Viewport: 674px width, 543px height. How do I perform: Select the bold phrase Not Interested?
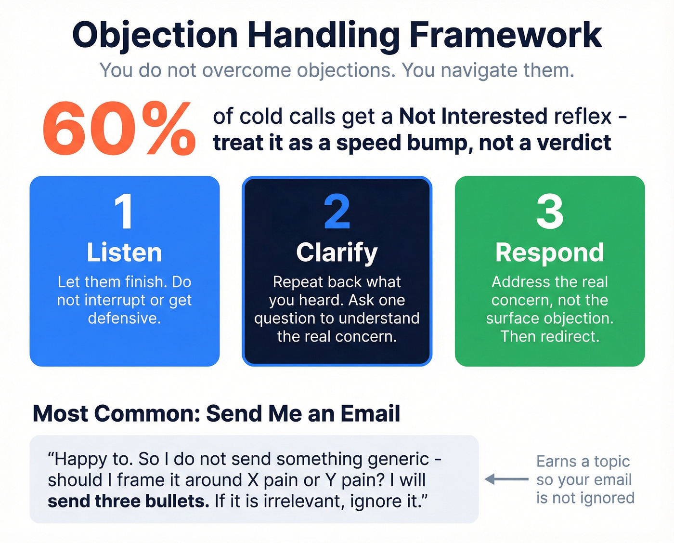(473, 117)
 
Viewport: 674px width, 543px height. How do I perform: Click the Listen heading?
(124, 252)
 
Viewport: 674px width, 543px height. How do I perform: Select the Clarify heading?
(337, 252)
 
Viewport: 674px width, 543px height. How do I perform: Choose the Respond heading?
(550, 252)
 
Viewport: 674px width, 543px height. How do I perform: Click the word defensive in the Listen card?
(124, 318)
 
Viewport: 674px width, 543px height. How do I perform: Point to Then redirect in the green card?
(550, 336)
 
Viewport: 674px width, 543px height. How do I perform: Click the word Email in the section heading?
(370, 413)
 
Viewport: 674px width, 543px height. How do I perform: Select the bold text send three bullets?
(128, 501)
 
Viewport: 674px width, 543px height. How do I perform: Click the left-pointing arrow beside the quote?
(506, 479)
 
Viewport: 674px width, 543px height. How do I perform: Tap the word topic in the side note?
(611, 462)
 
